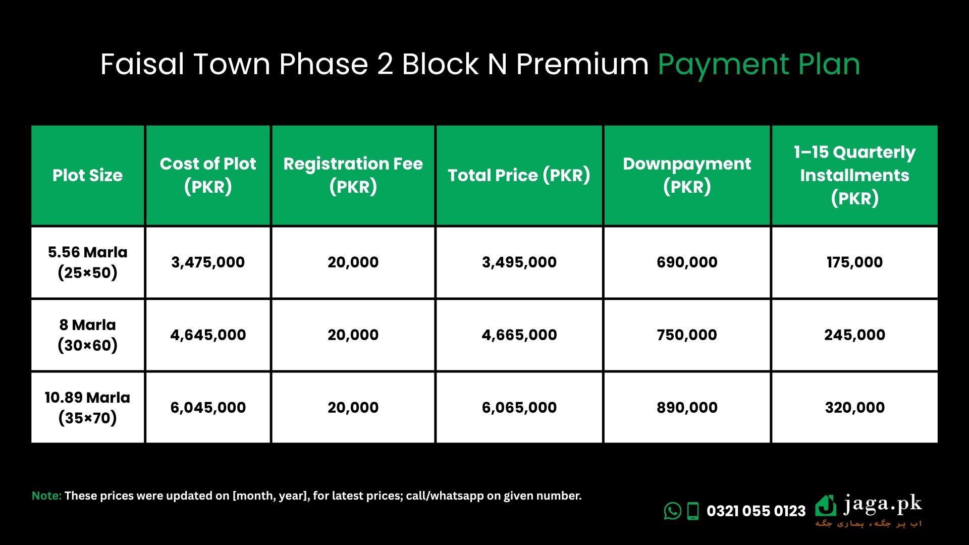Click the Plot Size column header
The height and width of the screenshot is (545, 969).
(x=87, y=175)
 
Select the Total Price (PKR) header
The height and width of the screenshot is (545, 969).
(x=519, y=175)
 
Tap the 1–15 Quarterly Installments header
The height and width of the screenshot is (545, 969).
(x=854, y=175)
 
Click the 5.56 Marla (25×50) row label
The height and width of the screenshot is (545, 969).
(x=87, y=262)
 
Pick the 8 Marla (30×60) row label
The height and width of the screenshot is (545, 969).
(x=87, y=335)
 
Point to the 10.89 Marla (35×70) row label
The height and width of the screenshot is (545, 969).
(x=87, y=407)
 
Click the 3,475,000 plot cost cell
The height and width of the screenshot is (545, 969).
(x=208, y=262)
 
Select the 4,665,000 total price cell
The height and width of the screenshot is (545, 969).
(x=519, y=335)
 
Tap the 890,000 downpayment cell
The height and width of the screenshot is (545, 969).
(x=687, y=408)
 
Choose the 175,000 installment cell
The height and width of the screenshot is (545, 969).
(x=854, y=262)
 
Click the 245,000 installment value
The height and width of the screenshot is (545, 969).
(x=854, y=335)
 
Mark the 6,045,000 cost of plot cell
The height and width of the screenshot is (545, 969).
(x=208, y=408)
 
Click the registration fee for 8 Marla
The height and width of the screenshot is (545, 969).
(x=353, y=335)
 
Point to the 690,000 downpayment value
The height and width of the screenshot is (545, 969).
(x=687, y=262)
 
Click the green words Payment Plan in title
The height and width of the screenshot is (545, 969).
(x=759, y=65)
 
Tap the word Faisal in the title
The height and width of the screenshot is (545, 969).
(x=142, y=64)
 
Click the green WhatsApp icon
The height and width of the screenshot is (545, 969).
(x=672, y=511)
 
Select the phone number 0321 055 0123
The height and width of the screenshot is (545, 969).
(x=756, y=511)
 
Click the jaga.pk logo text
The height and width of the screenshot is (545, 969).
(x=882, y=504)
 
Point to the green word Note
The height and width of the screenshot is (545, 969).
(x=46, y=496)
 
